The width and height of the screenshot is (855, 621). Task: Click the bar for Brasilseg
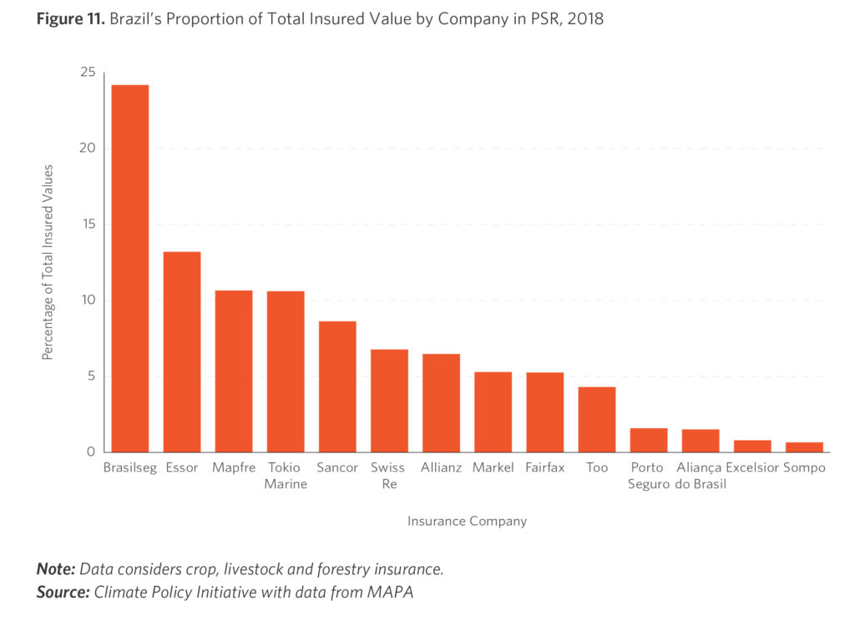click(130, 268)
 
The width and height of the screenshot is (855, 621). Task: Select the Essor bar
click(182, 351)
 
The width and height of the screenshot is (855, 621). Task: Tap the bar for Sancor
click(337, 386)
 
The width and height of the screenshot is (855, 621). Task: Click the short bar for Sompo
click(804, 447)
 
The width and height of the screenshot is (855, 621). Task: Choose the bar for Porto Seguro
click(649, 440)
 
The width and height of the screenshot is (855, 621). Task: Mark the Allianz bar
click(441, 403)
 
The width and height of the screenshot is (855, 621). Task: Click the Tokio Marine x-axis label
click(286, 476)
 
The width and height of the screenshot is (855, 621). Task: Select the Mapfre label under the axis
click(234, 467)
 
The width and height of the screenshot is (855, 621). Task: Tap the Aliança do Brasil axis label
click(700, 476)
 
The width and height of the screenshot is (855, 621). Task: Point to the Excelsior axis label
click(751, 467)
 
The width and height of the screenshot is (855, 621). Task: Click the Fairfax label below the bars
click(545, 467)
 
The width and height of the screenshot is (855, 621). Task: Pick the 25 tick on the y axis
click(87, 73)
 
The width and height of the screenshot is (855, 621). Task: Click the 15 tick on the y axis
click(87, 225)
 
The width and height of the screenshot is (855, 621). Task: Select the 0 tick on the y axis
click(91, 452)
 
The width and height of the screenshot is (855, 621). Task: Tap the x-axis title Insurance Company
click(467, 521)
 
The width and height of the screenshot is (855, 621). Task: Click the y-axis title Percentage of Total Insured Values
click(48, 262)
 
